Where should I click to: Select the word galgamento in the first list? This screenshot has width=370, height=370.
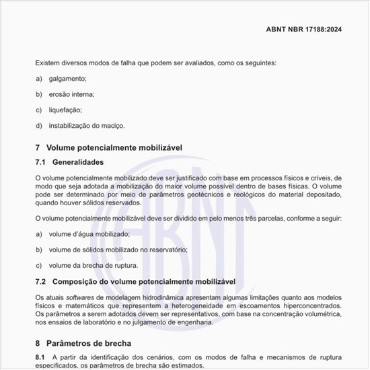[67, 79]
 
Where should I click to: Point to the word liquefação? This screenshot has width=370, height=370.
[65, 110]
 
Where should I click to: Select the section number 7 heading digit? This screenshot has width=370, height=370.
[38, 147]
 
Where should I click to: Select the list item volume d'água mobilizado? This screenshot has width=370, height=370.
[89, 234]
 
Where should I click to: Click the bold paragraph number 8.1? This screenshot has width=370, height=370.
[40, 357]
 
